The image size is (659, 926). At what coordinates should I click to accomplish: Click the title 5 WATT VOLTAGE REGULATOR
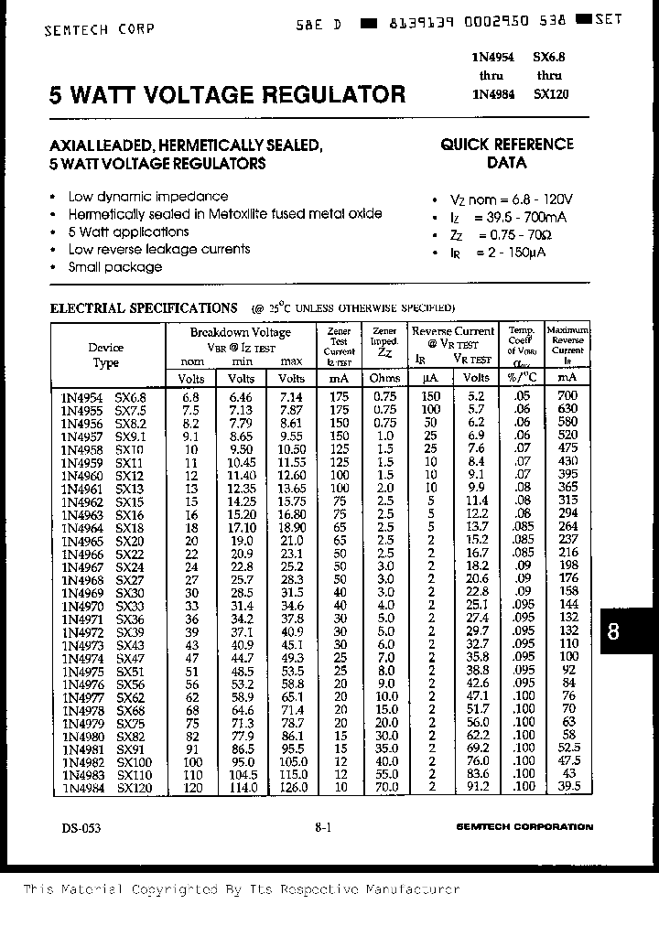click(227, 94)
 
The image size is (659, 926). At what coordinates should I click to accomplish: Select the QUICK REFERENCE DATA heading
click(506, 154)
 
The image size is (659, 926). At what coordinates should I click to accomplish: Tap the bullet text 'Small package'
click(114, 267)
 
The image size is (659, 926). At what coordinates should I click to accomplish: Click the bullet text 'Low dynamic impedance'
click(148, 197)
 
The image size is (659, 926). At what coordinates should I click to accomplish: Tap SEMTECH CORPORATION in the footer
click(524, 827)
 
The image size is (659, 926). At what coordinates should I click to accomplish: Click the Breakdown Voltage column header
click(240, 333)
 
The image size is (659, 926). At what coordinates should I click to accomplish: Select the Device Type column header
click(105, 355)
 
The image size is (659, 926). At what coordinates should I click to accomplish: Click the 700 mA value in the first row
click(567, 396)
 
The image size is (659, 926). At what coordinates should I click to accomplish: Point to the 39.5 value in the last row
click(567, 786)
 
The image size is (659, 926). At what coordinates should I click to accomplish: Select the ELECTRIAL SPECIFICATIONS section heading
click(144, 308)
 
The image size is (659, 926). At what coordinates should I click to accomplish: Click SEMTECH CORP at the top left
click(99, 29)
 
